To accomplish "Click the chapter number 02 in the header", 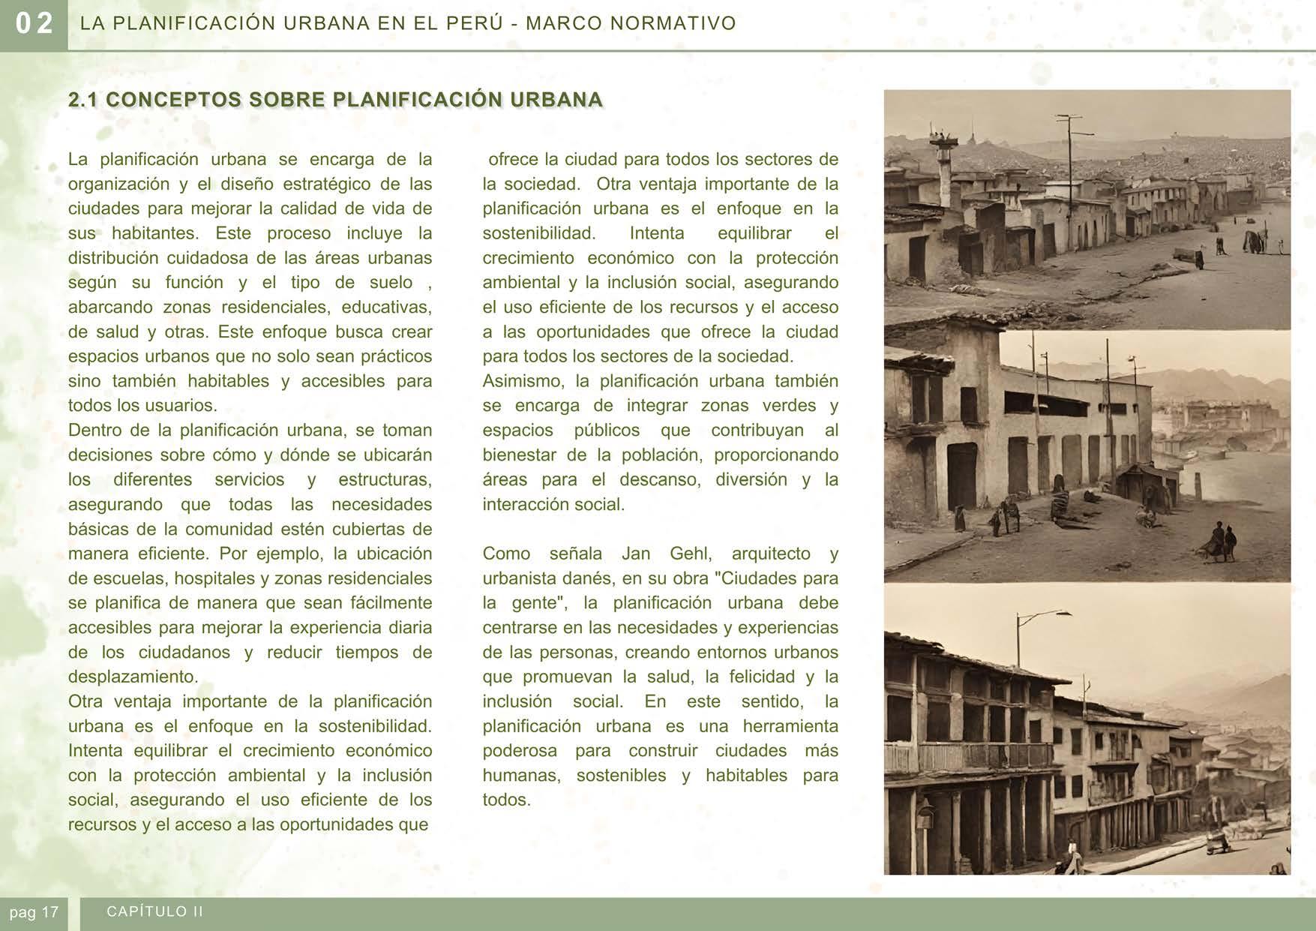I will coord(34,24).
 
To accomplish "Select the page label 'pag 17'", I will coord(34,912).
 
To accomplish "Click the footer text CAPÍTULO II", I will coord(155,911).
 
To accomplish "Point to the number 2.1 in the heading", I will coord(83,100).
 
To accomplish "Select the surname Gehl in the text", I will coord(688,554).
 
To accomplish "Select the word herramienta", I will coord(790,726).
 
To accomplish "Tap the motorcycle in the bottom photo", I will coord(1216,842).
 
